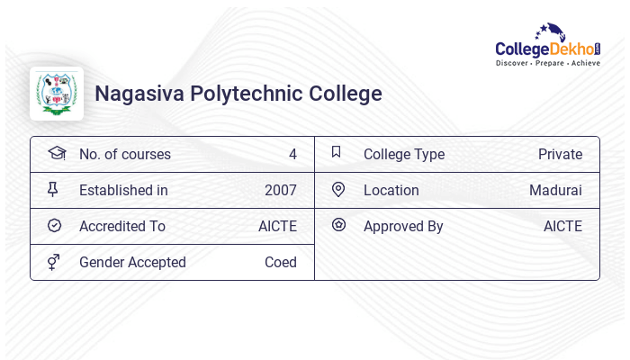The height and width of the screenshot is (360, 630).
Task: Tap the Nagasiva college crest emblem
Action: click(57, 94)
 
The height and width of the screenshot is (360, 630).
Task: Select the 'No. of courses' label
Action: click(124, 154)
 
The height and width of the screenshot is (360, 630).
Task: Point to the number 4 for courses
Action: click(292, 154)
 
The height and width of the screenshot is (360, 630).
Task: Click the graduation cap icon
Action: click(56, 153)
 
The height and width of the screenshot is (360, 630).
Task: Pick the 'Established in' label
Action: click(123, 190)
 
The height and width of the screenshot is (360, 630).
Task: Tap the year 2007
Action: click(280, 190)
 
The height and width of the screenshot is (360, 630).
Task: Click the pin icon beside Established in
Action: click(53, 189)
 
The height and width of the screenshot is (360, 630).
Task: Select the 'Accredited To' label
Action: click(122, 226)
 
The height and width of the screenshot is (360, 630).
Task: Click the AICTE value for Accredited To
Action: click(277, 226)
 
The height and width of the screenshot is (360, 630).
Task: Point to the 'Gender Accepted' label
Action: click(132, 262)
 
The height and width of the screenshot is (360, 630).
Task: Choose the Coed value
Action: click(280, 262)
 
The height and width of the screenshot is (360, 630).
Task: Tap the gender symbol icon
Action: click(53, 262)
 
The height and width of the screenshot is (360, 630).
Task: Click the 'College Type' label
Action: click(404, 154)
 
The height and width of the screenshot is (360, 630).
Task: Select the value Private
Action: click(560, 154)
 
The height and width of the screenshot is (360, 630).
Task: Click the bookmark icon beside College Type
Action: click(337, 152)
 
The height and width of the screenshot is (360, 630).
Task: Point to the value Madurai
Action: click(555, 190)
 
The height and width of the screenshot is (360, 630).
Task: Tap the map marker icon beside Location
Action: click(338, 189)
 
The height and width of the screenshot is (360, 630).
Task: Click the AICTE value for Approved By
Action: click(562, 226)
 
